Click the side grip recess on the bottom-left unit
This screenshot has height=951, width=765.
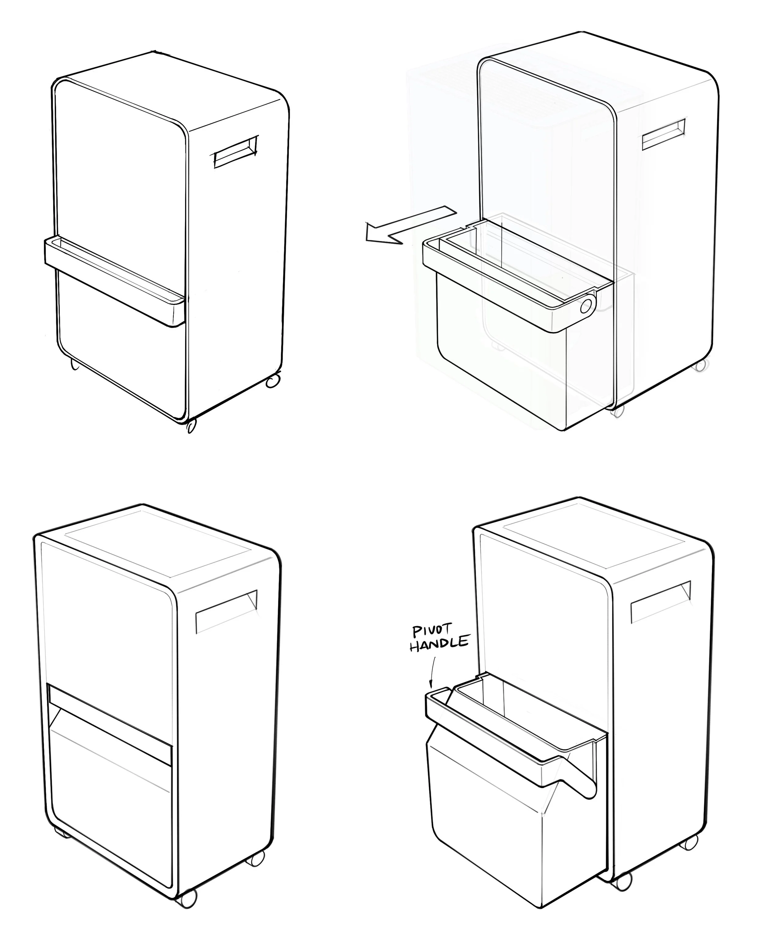tap(226, 611)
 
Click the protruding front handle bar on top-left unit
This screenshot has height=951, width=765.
tap(114, 281)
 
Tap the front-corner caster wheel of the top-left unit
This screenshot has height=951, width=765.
tap(191, 426)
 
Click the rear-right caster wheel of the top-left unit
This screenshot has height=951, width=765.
tap(273, 381)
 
